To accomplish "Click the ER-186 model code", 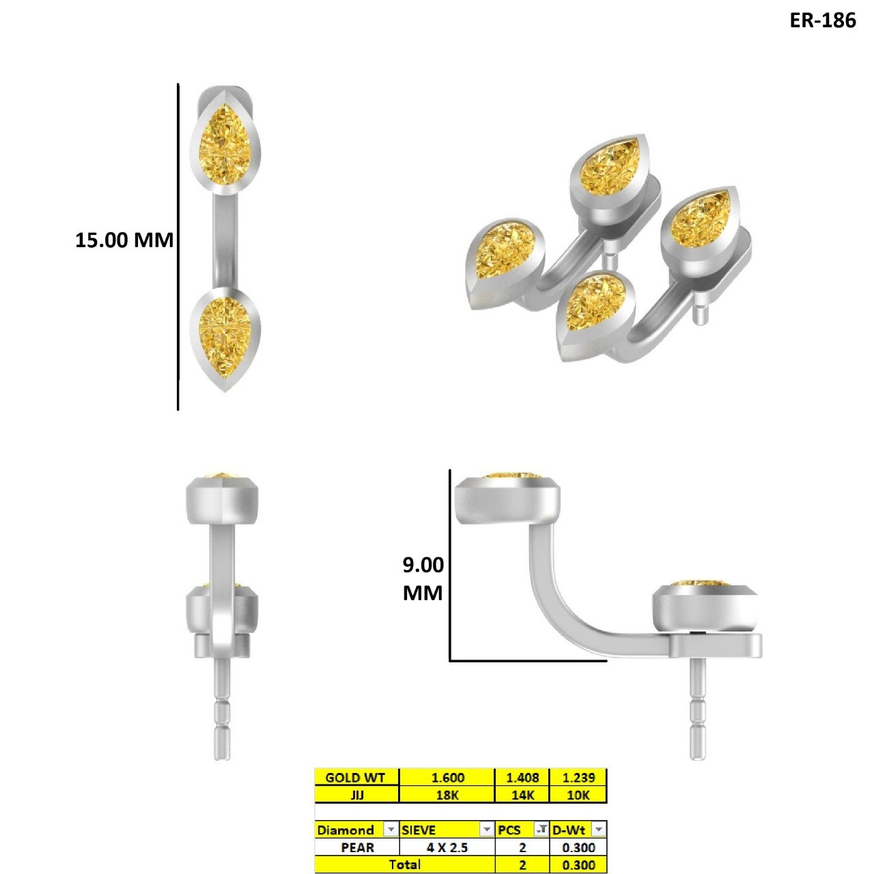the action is click(x=822, y=20).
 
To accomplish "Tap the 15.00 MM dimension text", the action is click(x=124, y=240).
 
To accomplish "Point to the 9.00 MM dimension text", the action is click(x=423, y=579).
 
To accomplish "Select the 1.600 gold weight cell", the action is click(x=447, y=778).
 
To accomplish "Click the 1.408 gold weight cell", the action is click(x=522, y=778).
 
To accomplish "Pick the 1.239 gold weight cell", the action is click(x=578, y=778).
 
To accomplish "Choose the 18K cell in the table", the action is click(x=447, y=795).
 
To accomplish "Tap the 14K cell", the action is click(x=522, y=795).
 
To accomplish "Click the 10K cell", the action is click(x=578, y=795).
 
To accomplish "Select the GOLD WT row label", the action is click(x=355, y=778).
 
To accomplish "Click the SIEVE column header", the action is click(x=418, y=830).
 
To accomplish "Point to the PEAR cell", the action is click(x=357, y=847).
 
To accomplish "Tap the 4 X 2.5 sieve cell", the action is click(x=447, y=847).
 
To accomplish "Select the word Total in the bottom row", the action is click(x=405, y=864).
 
